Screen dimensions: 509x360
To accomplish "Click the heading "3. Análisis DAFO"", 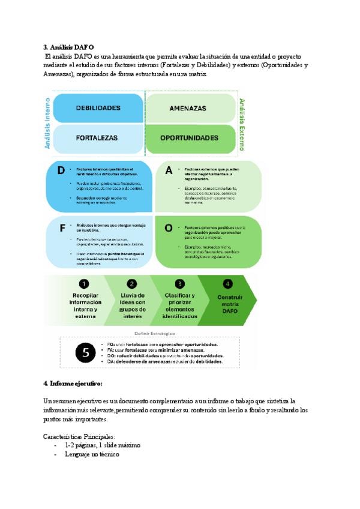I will tap(68, 47).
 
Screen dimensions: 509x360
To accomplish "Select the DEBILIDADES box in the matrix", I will tap(98, 108).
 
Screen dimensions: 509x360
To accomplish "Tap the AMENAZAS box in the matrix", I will tap(188, 109).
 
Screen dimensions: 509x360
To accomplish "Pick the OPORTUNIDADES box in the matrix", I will tap(189, 137).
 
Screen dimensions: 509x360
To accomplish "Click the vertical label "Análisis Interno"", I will tap(49, 124).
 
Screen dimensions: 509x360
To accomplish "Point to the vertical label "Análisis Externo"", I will tap(242, 124).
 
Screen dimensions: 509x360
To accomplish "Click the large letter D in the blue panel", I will tap(61, 170).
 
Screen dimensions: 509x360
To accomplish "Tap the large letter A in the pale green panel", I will tap(169, 170).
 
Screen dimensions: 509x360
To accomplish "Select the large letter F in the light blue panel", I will tap(62, 228).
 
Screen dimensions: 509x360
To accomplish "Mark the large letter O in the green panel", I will tap(169, 228).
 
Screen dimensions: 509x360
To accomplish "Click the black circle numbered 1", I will tap(85, 284).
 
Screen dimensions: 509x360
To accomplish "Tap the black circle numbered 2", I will tap(132, 284).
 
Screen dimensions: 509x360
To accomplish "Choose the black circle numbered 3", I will tap(179, 284).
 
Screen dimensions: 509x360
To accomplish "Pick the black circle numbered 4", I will tap(227, 284).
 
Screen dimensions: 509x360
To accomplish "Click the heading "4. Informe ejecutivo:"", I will tap(73, 383).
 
